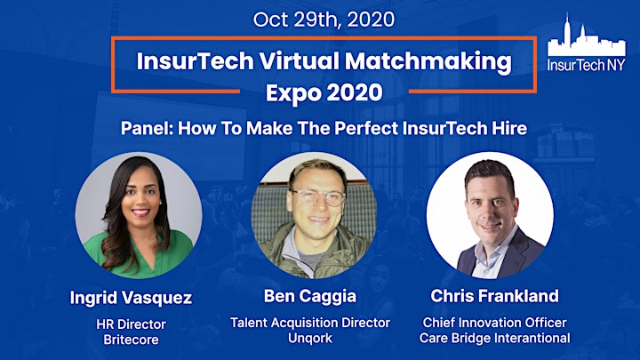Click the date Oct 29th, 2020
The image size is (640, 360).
pyautogui.click(x=324, y=20)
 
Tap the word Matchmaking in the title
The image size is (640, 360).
pyautogui.click(x=428, y=61)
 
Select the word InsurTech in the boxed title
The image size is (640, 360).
pyautogui.click(x=195, y=61)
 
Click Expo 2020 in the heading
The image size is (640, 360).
pyautogui.click(x=324, y=93)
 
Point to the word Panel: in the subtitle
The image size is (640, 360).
pyautogui.click(x=148, y=128)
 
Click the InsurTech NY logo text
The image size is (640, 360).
pyautogui.click(x=586, y=65)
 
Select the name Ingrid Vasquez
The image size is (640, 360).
pyautogui.click(x=131, y=299)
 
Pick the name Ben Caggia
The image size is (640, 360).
pyautogui.click(x=310, y=297)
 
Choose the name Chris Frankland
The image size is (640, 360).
pyautogui.click(x=495, y=296)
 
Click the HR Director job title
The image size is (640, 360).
pyautogui.click(x=131, y=324)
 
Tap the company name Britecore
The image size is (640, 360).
pyautogui.click(x=131, y=340)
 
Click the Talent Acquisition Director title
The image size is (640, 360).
pyautogui.click(x=310, y=323)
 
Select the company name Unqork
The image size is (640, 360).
pyautogui.click(x=310, y=339)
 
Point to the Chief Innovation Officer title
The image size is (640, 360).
pyautogui.click(x=495, y=323)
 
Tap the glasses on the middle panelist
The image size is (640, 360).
pyautogui.click(x=317, y=197)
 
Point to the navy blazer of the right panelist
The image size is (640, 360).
pyautogui.click(x=510, y=255)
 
